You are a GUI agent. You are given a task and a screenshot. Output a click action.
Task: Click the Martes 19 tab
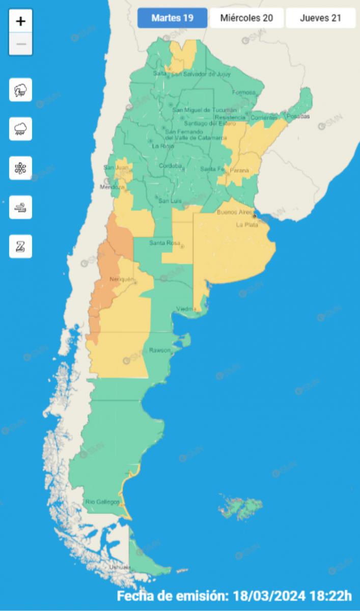click(172, 18)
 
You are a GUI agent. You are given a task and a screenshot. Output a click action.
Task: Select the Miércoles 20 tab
click(246, 18)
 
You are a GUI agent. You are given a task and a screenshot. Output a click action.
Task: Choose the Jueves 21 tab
click(320, 18)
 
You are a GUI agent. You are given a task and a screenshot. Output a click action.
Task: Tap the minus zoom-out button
click(21, 44)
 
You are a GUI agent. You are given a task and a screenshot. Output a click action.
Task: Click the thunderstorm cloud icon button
click(20, 90)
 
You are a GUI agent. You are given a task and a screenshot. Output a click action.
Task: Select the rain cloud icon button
click(20, 129)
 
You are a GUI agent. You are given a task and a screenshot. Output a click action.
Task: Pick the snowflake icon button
click(20, 168)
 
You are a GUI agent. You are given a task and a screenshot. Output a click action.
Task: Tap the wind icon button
click(20, 207)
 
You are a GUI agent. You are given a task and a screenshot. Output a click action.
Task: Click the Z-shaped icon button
click(20, 246)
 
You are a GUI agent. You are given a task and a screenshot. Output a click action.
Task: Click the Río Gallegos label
click(103, 502)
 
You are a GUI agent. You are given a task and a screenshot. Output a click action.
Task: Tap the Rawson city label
click(160, 350)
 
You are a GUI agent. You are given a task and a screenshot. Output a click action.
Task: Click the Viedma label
click(185, 309)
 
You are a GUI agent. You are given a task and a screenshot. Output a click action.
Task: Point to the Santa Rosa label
click(163, 243)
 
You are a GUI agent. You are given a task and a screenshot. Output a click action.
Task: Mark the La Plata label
click(246, 225)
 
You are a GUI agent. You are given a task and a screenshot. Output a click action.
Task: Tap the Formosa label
click(243, 93)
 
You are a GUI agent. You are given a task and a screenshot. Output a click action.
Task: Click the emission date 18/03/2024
click(267, 595)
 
